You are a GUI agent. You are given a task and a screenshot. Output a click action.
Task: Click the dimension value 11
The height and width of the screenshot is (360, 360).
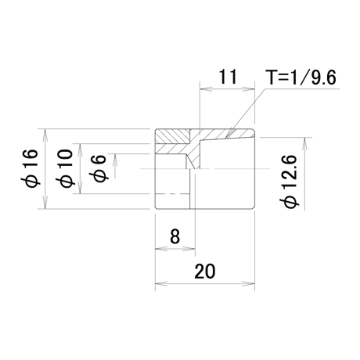click(228, 77)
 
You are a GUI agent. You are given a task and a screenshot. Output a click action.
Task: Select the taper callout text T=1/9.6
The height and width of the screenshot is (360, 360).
click(301, 77)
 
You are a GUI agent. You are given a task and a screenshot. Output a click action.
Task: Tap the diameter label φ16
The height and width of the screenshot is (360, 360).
click(31, 168)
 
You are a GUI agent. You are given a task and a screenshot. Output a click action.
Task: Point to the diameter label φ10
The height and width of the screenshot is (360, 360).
click(66, 168)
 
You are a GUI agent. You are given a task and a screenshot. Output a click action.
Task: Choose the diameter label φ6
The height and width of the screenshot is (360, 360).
click(98, 168)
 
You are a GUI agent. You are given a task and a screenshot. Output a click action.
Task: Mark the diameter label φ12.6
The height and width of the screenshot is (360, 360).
click(289, 182)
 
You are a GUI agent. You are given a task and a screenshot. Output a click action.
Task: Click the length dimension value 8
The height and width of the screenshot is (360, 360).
click(175, 236)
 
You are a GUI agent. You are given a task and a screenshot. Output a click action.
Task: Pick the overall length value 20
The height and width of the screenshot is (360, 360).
click(205, 271)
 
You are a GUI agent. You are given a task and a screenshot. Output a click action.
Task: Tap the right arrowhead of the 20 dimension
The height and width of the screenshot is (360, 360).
click(249, 283)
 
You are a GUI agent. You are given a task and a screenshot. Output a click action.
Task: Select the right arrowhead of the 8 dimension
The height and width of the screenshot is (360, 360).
click(189, 249)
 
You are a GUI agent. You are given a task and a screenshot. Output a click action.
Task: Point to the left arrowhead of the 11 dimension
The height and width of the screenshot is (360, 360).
click(205, 89)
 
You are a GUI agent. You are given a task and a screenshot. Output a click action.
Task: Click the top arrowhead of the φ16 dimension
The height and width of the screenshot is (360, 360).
click(45, 135)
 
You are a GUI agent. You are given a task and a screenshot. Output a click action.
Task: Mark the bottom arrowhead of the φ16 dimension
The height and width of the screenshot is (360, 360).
click(45, 203)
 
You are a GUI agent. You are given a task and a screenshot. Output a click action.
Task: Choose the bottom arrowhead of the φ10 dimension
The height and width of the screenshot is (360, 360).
click(81, 188)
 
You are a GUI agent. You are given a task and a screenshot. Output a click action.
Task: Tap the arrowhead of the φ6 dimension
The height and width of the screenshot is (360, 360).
click(115, 160)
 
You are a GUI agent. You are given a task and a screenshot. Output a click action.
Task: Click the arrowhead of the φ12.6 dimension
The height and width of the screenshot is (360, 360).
click(304, 142)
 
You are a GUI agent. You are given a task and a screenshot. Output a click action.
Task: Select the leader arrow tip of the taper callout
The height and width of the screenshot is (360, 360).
click(226, 138)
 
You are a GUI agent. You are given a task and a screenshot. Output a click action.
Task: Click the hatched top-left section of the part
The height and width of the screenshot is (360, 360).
click(172, 136)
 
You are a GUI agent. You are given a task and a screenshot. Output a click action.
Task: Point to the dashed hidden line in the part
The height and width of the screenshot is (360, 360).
click(172, 194)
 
